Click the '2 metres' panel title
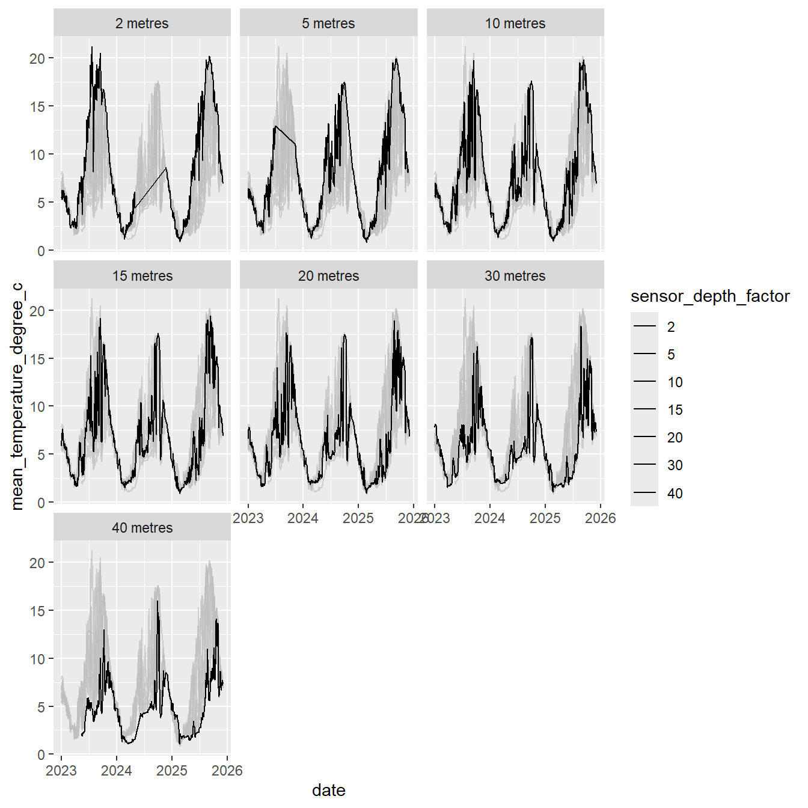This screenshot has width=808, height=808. pyautogui.click(x=142, y=23)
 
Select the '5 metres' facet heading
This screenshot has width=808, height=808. pyautogui.click(x=328, y=23)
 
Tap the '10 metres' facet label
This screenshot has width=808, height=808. pyautogui.click(x=515, y=23)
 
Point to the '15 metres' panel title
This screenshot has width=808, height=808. pyautogui.click(x=142, y=276)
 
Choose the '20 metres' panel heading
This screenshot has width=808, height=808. pyautogui.click(x=328, y=276)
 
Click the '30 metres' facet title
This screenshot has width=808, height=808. pyautogui.click(x=515, y=276)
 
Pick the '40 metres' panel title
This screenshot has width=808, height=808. pyautogui.click(x=142, y=528)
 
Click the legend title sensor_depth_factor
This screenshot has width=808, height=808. pyautogui.click(x=710, y=296)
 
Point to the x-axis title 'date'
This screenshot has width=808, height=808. pyautogui.click(x=328, y=790)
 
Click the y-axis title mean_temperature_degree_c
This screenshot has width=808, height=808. pyautogui.click(x=17, y=397)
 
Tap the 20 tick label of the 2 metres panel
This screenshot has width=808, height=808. pyautogui.click(x=37, y=58)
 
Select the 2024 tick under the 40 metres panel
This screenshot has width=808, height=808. pyautogui.click(x=117, y=771)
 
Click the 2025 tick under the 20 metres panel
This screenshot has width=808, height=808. pyautogui.click(x=358, y=518)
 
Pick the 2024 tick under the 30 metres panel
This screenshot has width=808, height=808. pyautogui.click(x=490, y=518)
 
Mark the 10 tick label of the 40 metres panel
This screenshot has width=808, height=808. pyautogui.click(x=37, y=659)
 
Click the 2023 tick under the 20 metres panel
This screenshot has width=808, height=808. pyautogui.click(x=248, y=518)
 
